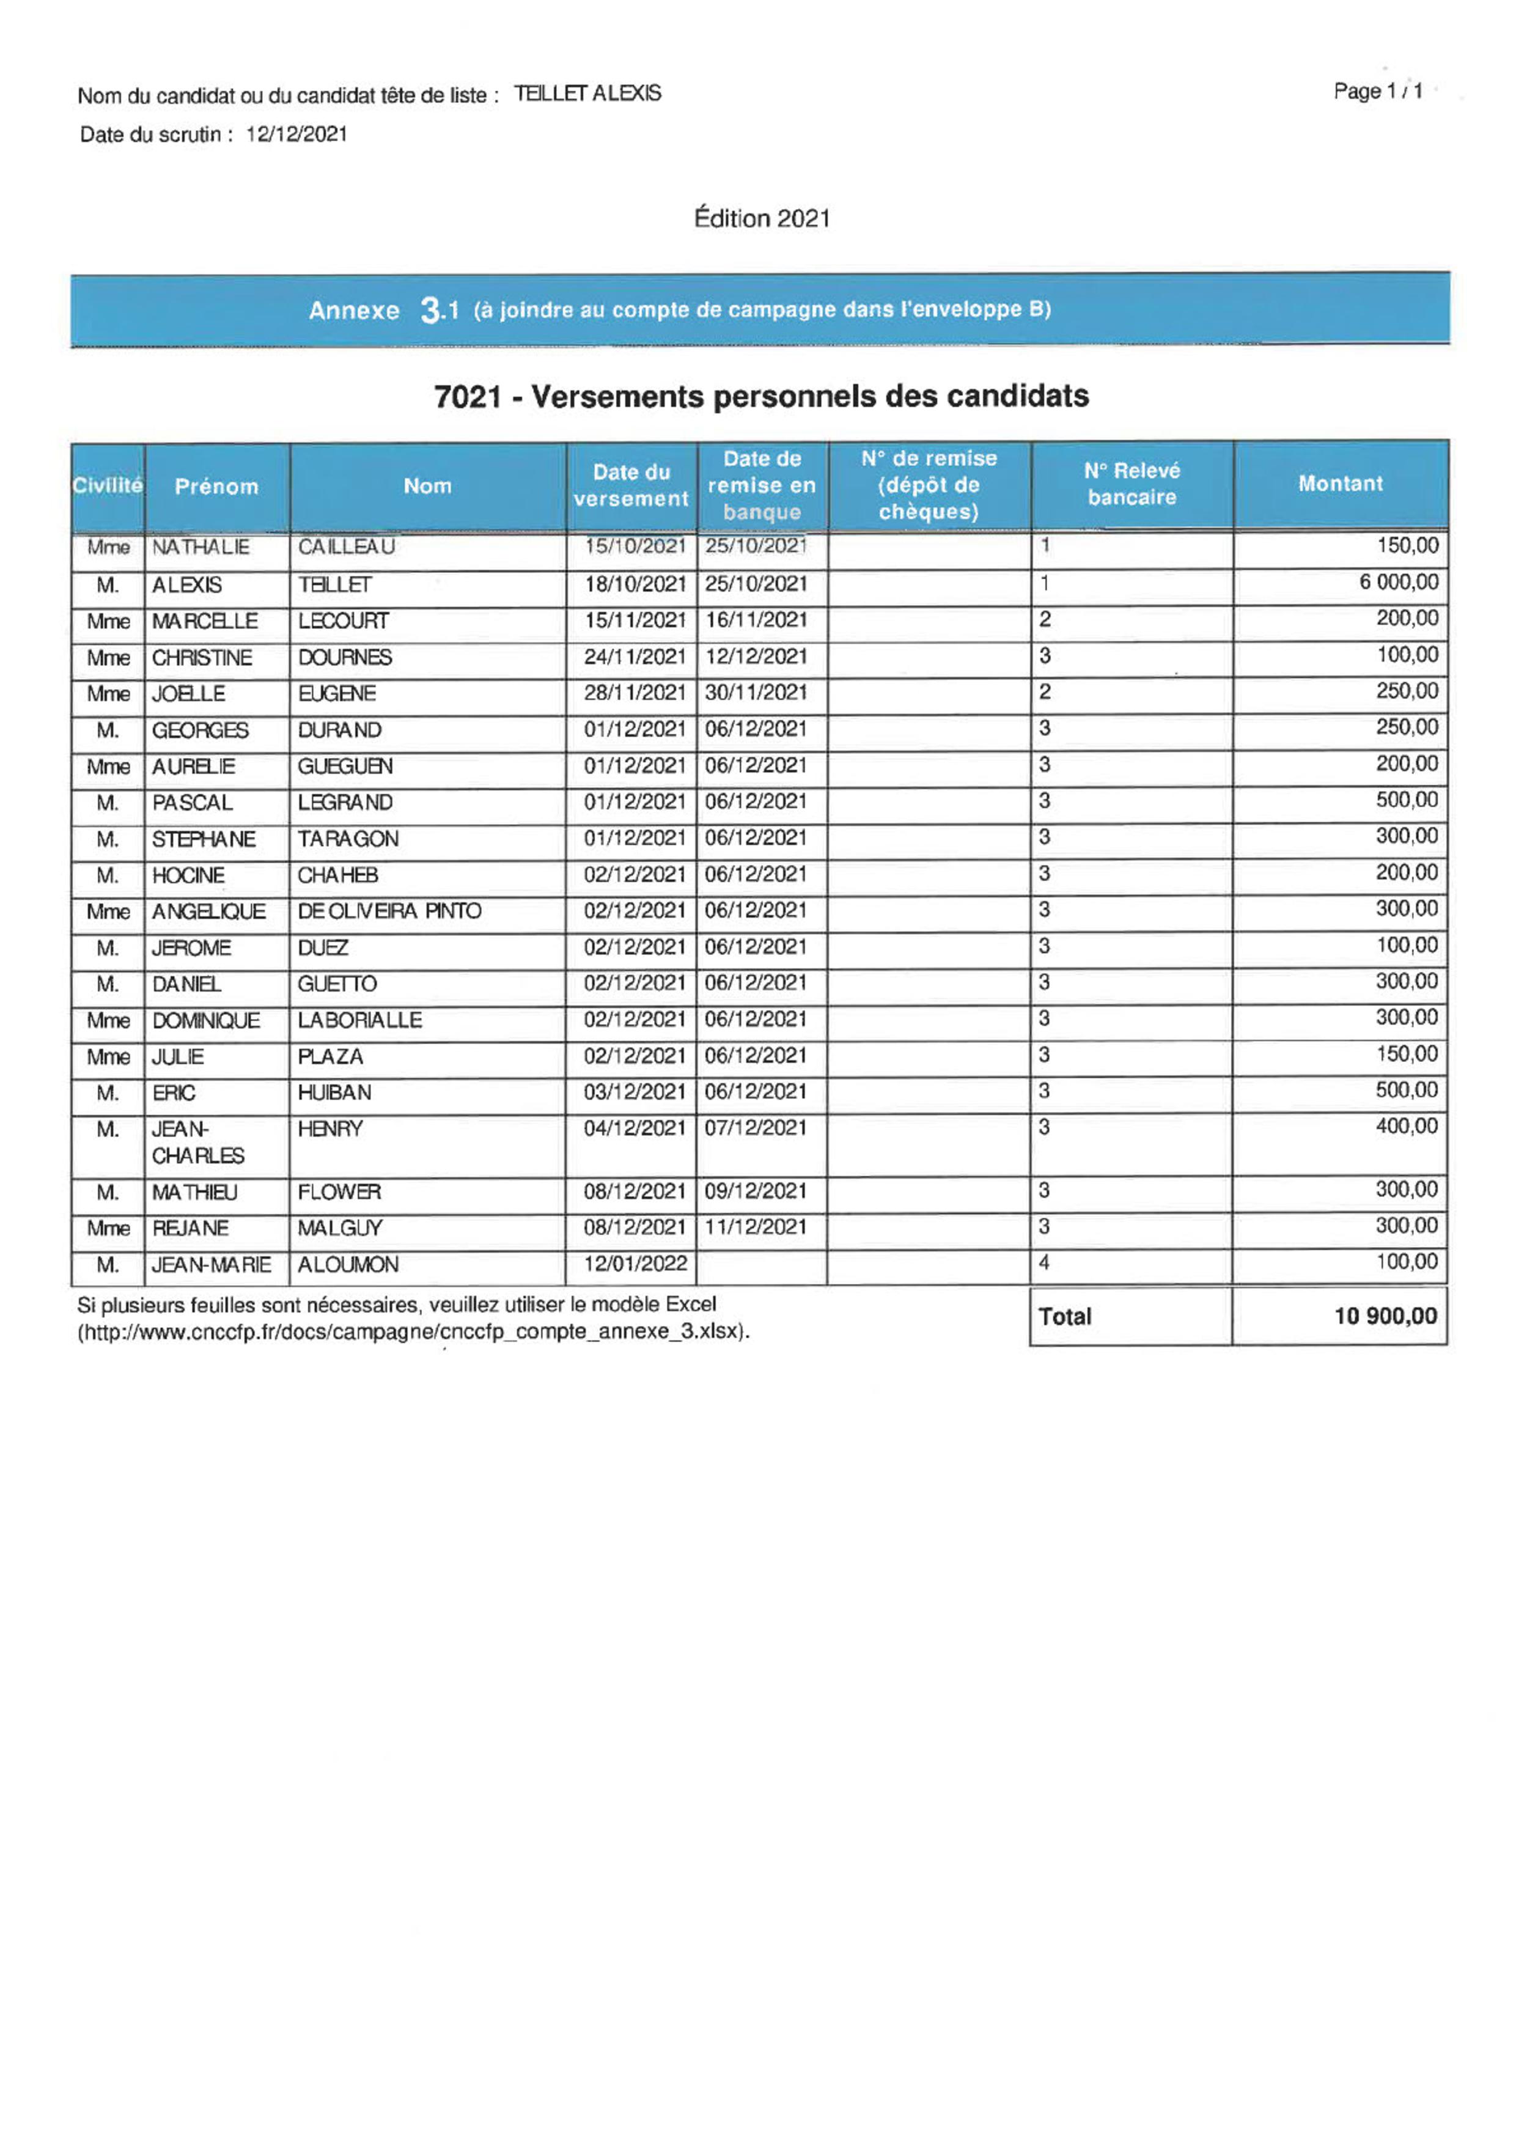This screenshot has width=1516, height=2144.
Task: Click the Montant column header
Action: (x=1339, y=484)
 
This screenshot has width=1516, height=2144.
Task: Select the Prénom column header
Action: (x=216, y=487)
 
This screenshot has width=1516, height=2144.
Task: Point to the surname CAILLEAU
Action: (x=347, y=547)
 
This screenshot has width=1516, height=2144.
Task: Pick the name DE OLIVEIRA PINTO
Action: (x=389, y=912)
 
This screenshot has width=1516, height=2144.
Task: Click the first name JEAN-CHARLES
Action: (x=198, y=1142)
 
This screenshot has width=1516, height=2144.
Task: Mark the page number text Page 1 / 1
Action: (x=1378, y=92)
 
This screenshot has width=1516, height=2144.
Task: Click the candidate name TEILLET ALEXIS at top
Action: (x=587, y=94)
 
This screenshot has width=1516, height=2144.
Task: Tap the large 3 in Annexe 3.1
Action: (x=432, y=309)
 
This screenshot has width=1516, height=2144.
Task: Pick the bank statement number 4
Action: (x=1045, y=1262)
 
